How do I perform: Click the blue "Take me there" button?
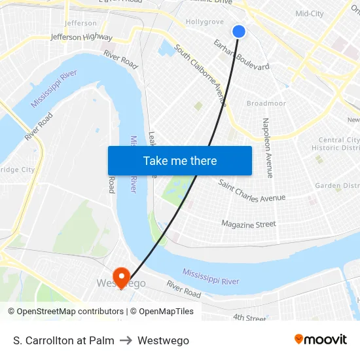pos(180,160)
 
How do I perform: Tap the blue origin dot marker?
pos(239,31)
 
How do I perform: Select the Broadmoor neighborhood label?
pos(266,103)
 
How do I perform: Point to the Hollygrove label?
pos(205,22)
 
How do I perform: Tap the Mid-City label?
pos(310,14)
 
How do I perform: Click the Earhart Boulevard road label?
pos(242,54)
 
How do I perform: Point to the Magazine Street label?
pos(248,224)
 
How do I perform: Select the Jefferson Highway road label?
pos(81,37)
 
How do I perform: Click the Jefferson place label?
pos(82,23)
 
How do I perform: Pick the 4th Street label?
pos(249,319)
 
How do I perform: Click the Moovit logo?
pos(320,340)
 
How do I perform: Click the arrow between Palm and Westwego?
pos(126,341)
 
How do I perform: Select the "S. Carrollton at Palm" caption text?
pos(63,341)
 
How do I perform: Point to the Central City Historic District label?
pos(339,144)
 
